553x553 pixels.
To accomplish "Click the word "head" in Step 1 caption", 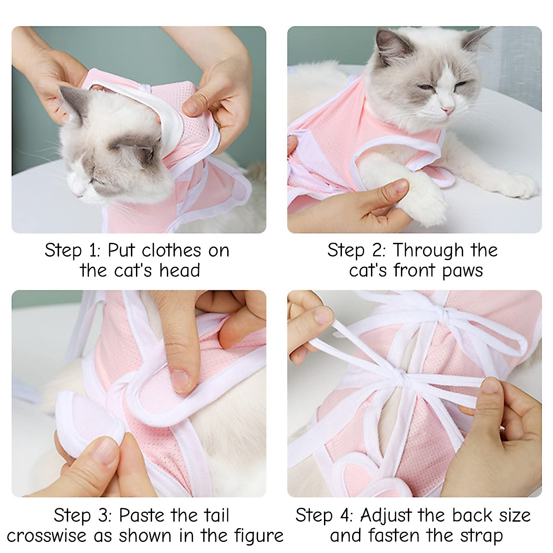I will click(x=179, y=270).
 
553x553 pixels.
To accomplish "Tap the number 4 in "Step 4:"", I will click(x=345, y=515).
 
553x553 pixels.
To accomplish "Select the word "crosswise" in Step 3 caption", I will click(x=46, y=535).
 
